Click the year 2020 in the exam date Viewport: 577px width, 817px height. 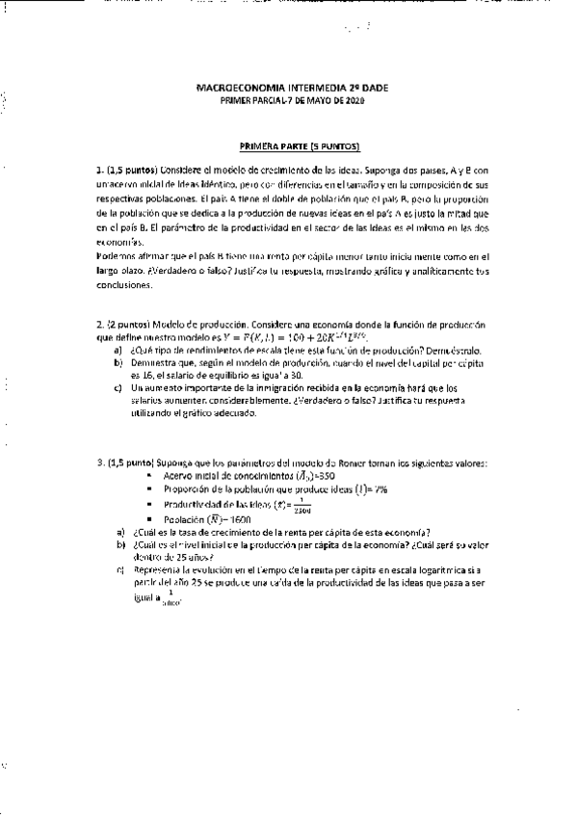click(x=355, y=99)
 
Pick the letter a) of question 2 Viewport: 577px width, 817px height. click(x=118, y=351)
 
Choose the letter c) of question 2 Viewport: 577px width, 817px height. click(x=118, y=388)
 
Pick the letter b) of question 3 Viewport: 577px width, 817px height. click(x=120, y=544)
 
